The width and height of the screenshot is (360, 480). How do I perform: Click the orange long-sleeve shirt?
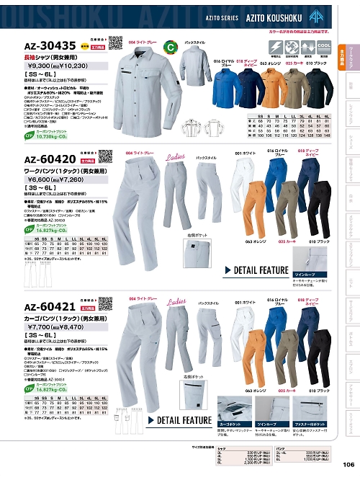point(276,92)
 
